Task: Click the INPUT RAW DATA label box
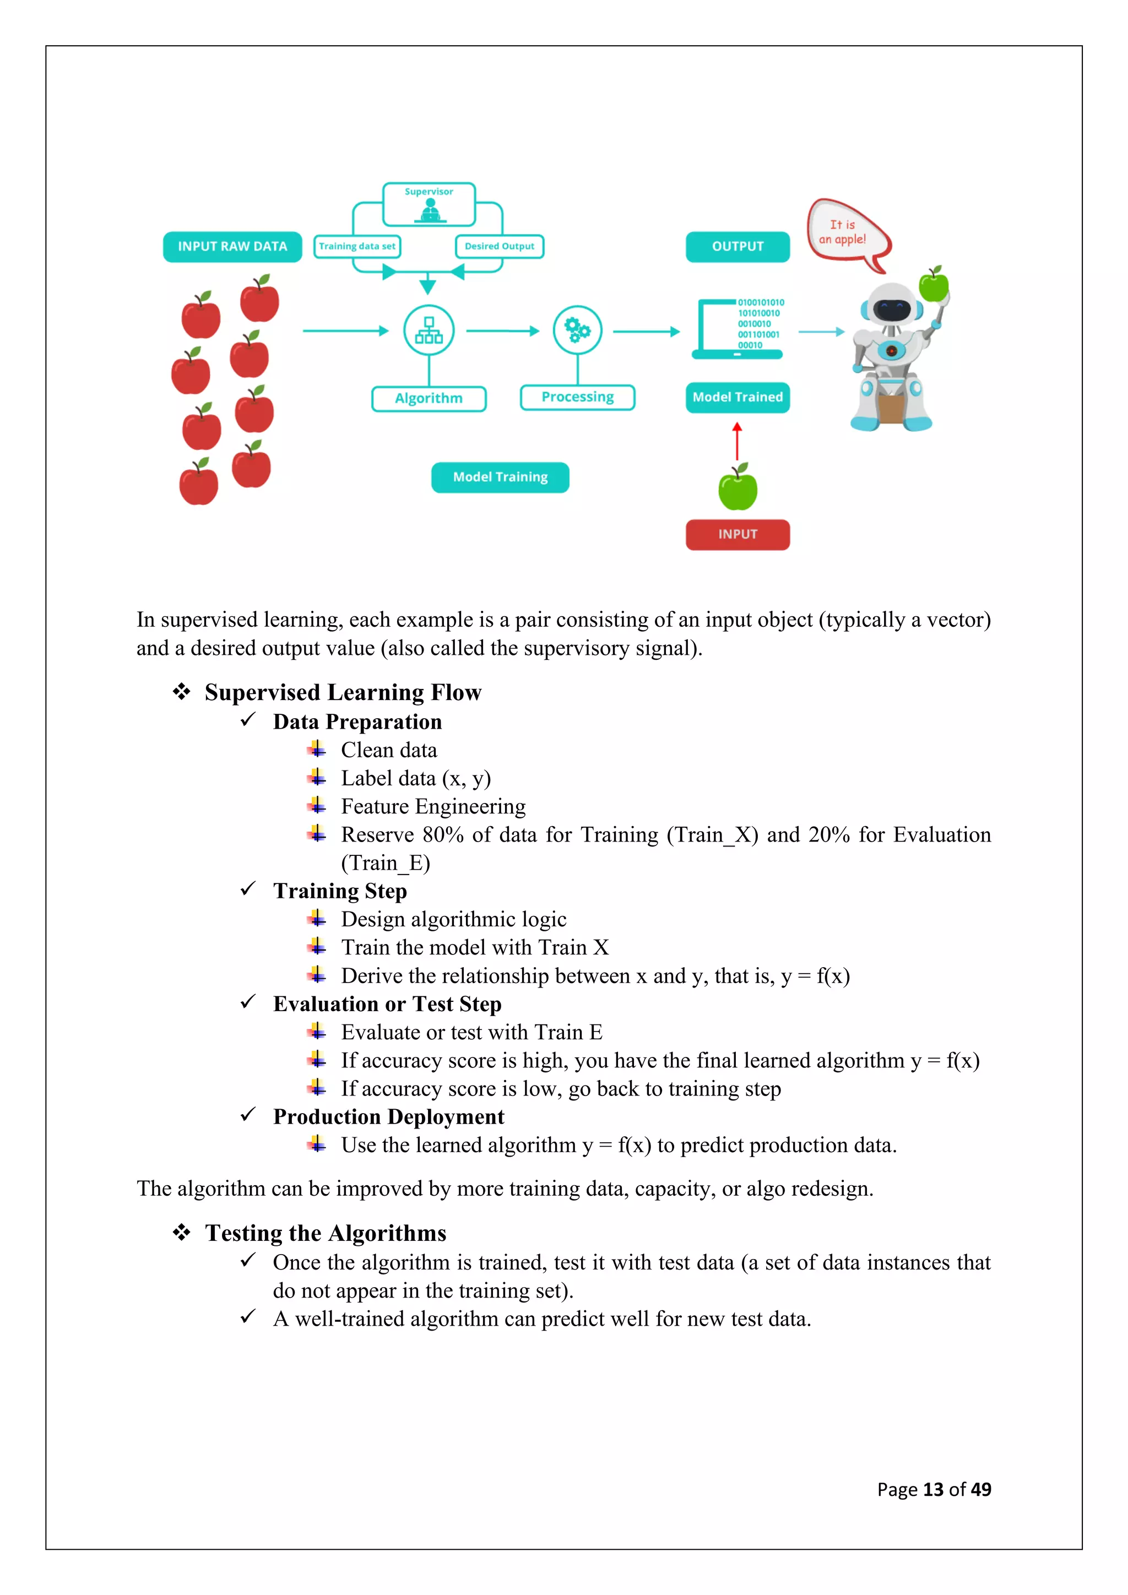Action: [232, 247]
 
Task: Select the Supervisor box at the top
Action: [429, 204]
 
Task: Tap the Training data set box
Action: [357, 247]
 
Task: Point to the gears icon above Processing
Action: [577, 330]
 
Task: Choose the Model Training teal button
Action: [500, 478]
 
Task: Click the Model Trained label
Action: [737, 397]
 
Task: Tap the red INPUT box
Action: [737, 534]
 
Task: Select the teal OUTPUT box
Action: [737, 247]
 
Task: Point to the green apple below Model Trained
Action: [737, 489]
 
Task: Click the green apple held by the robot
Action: [934, 284]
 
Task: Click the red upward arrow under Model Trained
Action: [737, 441]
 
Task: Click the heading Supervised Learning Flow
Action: [343, 693]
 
